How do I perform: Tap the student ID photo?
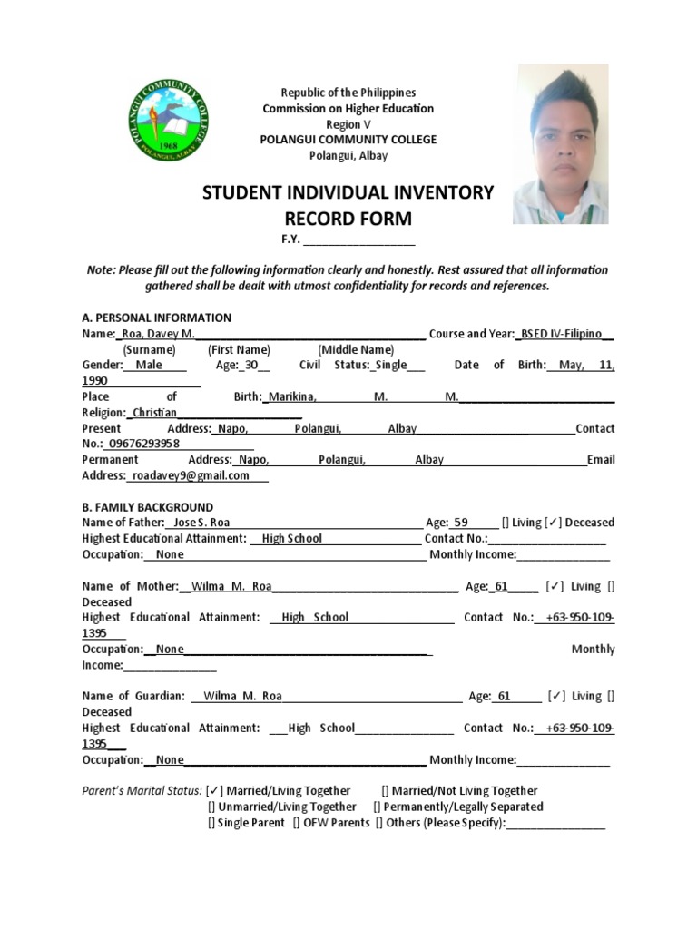pyautogui.click(x=560, y=144)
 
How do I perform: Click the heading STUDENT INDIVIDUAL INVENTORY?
pyautogui.click(x=348, y=192)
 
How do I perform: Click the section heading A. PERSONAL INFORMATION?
pyautogui.click(x=156, y=318)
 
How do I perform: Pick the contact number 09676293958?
pyautogui.click(x=143, y=444)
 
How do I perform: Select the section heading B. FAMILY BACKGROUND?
pyautogui.click(x=147, y=507)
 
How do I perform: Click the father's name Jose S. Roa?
pyautogui.click(x=201, y=523)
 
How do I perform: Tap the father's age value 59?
pyautogui.click(x=461, y=523)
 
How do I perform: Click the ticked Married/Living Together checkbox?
pyautogui.click(x=215, y=791)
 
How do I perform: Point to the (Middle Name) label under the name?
pyautogui.click(x=356, y=349)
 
